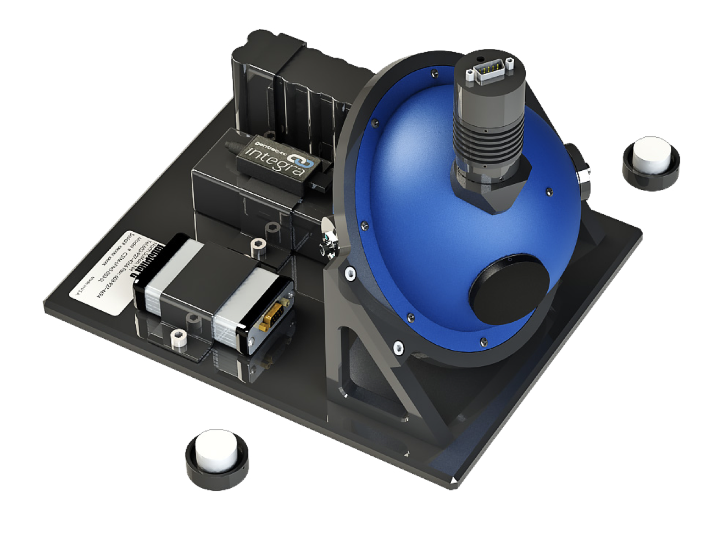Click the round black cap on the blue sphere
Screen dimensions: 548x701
click(x=509, y=288)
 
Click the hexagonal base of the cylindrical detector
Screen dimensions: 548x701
click(x=490, y=187)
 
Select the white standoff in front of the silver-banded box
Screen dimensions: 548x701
click(x=177, y=339)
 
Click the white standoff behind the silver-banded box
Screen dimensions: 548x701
click(x=256, y=248)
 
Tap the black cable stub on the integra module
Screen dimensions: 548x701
click(x=231, y=146)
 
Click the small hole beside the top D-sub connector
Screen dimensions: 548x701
click(x=480, y=59)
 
